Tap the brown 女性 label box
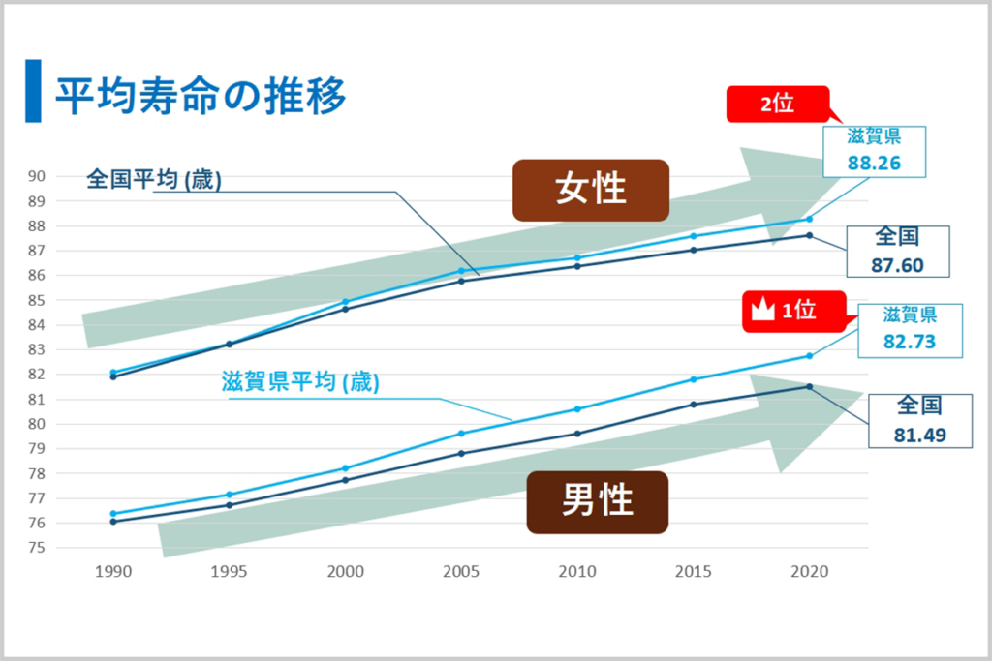coord(591,190)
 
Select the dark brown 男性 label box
coord(597,501)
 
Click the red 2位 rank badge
coord(778,105)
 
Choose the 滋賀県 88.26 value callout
coord(874,151)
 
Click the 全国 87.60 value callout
coord(896,252)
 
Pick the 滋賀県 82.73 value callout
coord(909,328)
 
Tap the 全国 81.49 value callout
coord(919,420)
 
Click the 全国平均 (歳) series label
coord(154,180)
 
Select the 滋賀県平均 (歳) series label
coord(300,382)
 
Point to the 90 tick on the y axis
coord(37,176)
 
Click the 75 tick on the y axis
coord(37,548)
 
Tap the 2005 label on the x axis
coord(462,572)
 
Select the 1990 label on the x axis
coord(113,572)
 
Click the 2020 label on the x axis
coord(809,572)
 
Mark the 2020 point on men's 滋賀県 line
coord(809,356)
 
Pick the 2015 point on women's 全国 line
coord(693,250)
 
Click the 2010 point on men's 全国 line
coord(577,434)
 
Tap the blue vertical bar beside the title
coord(33,91)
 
